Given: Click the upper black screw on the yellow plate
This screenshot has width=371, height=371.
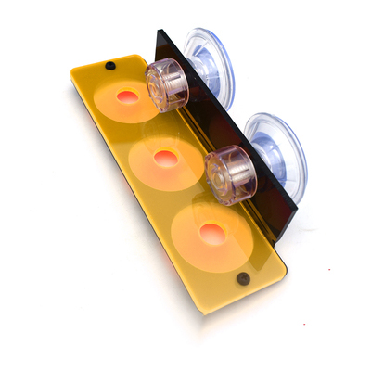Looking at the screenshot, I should pos(110,66).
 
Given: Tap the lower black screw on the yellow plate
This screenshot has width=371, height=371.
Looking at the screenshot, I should pos(243,278).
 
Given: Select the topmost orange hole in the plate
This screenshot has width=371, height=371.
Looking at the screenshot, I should pos(128,96).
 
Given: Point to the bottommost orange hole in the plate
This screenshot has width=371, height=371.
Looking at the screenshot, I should pos(213,234).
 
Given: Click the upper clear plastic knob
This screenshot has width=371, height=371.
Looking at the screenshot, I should pos(165,86).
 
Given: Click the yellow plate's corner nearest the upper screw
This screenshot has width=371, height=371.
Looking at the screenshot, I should pos(74,69).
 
